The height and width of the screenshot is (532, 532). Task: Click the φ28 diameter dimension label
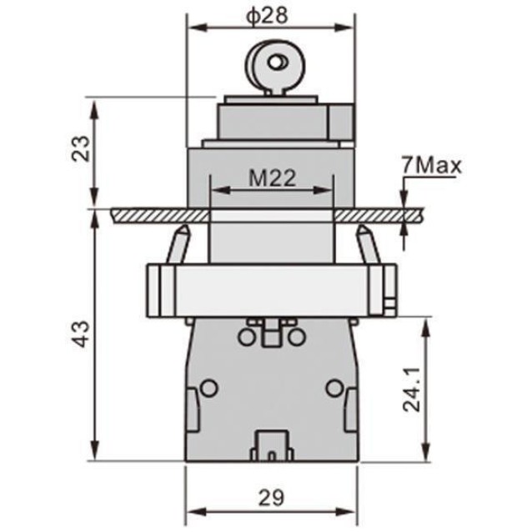click(x=267, y=16)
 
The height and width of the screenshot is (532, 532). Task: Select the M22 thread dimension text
click(x=272, y=178)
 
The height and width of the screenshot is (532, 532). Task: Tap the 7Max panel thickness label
click(x=432, y=166)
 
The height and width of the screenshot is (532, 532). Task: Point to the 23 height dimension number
click(x=82, y=148)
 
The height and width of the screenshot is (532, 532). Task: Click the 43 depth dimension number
click(x=82, y=334)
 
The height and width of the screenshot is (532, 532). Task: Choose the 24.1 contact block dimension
click(x=412, y=390)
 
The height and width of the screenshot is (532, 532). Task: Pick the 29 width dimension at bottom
click(x=271, y=498)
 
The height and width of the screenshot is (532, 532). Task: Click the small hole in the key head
click(x=278, y=62)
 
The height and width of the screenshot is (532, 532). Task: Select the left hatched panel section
click(x=160, y=216)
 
